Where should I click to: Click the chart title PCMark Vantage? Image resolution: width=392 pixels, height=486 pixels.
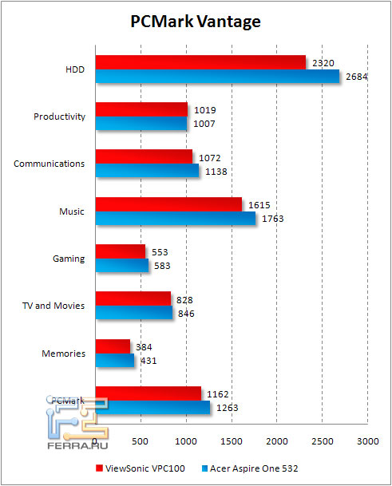tap(196, 22)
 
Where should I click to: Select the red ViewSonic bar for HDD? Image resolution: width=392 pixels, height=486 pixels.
tap(200, 62)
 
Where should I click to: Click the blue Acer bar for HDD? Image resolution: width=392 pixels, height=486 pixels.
tap(216, 77)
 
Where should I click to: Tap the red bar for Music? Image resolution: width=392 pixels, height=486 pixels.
tap(168, 204)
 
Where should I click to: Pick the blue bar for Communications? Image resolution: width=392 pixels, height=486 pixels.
tap(146, 171)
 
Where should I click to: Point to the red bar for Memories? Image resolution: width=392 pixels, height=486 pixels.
tap(112, 346)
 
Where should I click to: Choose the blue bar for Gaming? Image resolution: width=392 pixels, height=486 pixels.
tap(121, 266)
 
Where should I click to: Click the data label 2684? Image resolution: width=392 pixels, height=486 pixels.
tap(354, 77)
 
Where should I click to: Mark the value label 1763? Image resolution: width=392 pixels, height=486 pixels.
tap(272, 219)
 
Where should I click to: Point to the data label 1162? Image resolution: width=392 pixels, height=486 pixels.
tap(217, 393)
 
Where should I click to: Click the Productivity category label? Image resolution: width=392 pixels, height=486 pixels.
tap(59, 117)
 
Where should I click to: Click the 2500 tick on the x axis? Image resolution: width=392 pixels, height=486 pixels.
tap(322, 441)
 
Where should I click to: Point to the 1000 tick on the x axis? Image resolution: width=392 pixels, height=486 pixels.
tap(185, 441)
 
